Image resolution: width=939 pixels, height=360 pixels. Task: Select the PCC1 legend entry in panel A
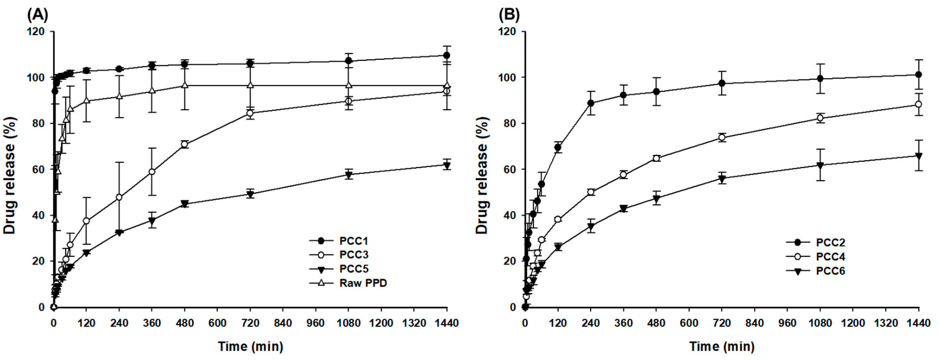(353, 241)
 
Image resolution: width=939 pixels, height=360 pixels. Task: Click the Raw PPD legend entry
(363, 283)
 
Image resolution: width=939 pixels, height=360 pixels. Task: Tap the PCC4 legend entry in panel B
(830, 257)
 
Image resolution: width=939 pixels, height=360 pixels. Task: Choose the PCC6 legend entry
(830, 271)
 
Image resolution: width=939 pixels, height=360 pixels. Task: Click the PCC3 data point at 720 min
(250, 113)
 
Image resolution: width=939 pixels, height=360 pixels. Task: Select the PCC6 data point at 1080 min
(820, 165)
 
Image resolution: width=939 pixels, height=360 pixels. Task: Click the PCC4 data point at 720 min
(722, 137)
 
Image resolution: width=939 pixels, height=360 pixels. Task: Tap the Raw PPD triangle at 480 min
(184, 85)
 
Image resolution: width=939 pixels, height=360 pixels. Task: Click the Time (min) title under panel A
(250, 346)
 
